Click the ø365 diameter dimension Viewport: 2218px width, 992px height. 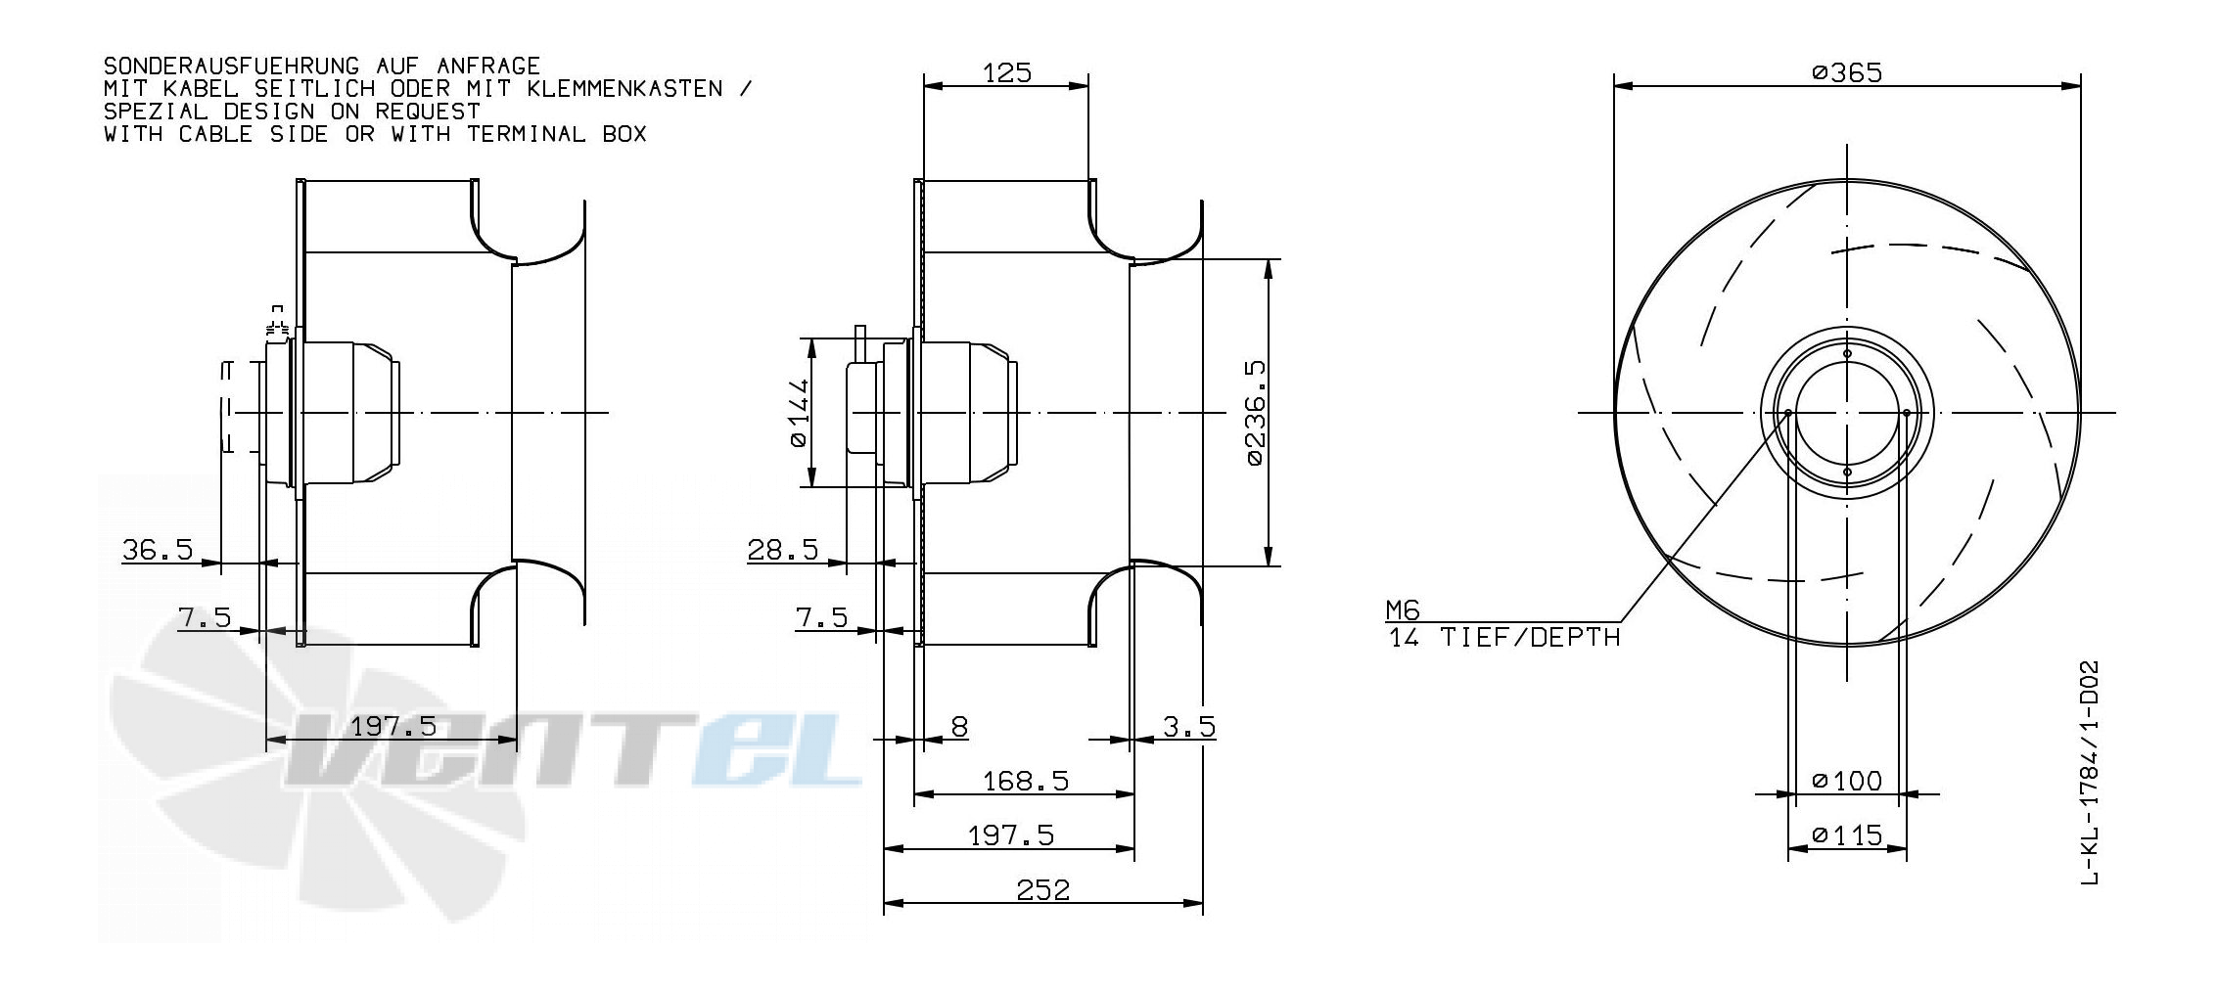pyautogui.click(x=1846, y=72)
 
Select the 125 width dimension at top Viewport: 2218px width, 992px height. pyautogui.click(x=1007, y=72)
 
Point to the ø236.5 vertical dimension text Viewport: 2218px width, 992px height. pyautogui.click(x=1256, y=412)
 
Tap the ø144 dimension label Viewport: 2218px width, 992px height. pyautogui.click(x=799, y=412)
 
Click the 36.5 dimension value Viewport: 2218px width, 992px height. pyautogui.click(x=157, y=549)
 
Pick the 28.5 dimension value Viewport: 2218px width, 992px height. pyautogui.click(x=782, y=549)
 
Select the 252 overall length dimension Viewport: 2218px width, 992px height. pyautogui.click(x=1042, y=889)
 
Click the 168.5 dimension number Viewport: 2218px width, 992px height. pyautogui.click(x=1025, y=781)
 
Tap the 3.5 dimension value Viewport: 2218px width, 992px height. pyautogui.click(x=1189, y=726)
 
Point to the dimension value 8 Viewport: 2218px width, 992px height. pyautogui.click(x=959, y=726)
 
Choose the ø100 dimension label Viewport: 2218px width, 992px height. pyautogui.click(x=1846, y=780)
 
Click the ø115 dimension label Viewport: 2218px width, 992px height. pyautogui.click(x=1846, y=834)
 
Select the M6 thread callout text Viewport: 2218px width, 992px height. pyautogui.click(x=1402, y=610)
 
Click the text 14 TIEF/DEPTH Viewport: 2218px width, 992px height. pyautogui.click(x=1504, y=638)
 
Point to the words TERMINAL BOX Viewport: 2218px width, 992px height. pyautogui.click(x=556, y=134)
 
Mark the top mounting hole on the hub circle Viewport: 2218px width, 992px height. pyautogui.click(x=1847, y=353)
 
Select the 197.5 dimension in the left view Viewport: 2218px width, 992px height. pyautogui.click(x=393, y=726)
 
